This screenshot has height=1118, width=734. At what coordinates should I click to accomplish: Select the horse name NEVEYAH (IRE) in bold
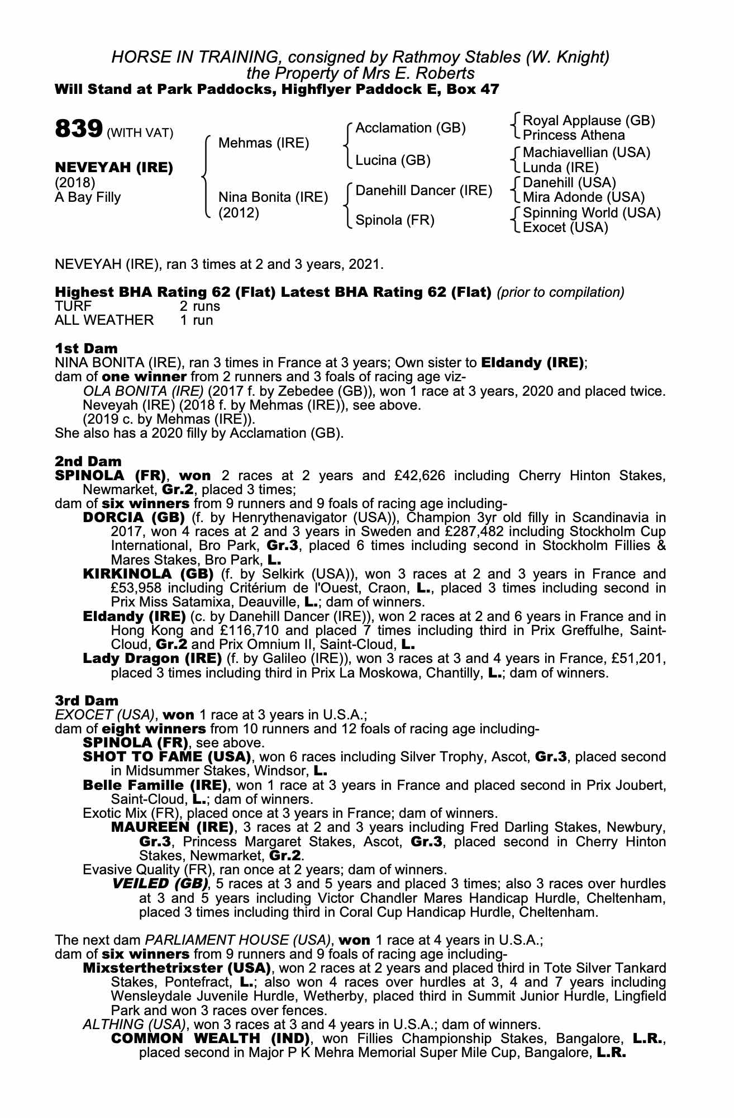[x=114, y=167]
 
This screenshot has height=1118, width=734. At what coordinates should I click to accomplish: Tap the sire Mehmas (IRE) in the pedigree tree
[x=263, y=143]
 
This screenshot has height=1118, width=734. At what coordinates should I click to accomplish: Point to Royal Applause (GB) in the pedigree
[x=589, y=121]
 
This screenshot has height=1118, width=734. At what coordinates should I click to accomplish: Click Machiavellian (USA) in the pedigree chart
[x=587, y=153]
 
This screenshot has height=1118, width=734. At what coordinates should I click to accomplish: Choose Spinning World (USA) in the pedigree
[x=592, y=213]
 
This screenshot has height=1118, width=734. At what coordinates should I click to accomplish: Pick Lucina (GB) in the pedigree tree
[x=393, y=160]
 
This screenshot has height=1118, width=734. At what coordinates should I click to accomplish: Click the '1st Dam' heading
[x=86, y=348]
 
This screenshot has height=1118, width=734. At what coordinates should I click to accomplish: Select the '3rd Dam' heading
[x=87, y=700]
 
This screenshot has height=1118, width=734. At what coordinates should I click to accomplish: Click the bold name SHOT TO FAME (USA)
[x=166, y=757]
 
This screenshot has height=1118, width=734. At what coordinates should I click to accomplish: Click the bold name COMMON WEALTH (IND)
[x=210, y=1039]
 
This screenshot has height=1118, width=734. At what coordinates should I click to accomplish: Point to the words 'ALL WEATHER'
[x=104, y=320]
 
